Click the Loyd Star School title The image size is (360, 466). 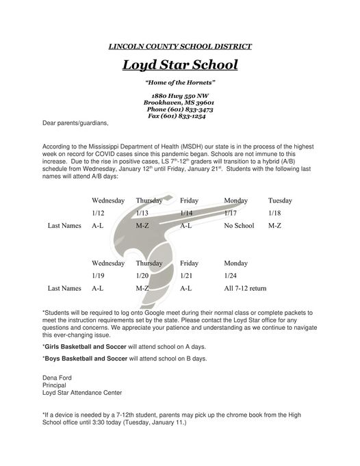(x=180, y=66)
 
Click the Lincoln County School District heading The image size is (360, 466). (x=180, y=46)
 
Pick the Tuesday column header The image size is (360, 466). (x=280, y=200)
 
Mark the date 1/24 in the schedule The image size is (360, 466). (x=231, y=275)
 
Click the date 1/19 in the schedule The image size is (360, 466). (x=97, y=275)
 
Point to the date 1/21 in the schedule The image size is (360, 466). (x=187, y=275)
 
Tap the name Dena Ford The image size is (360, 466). (x=57, y=377)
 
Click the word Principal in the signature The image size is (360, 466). (x=55, y=385)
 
